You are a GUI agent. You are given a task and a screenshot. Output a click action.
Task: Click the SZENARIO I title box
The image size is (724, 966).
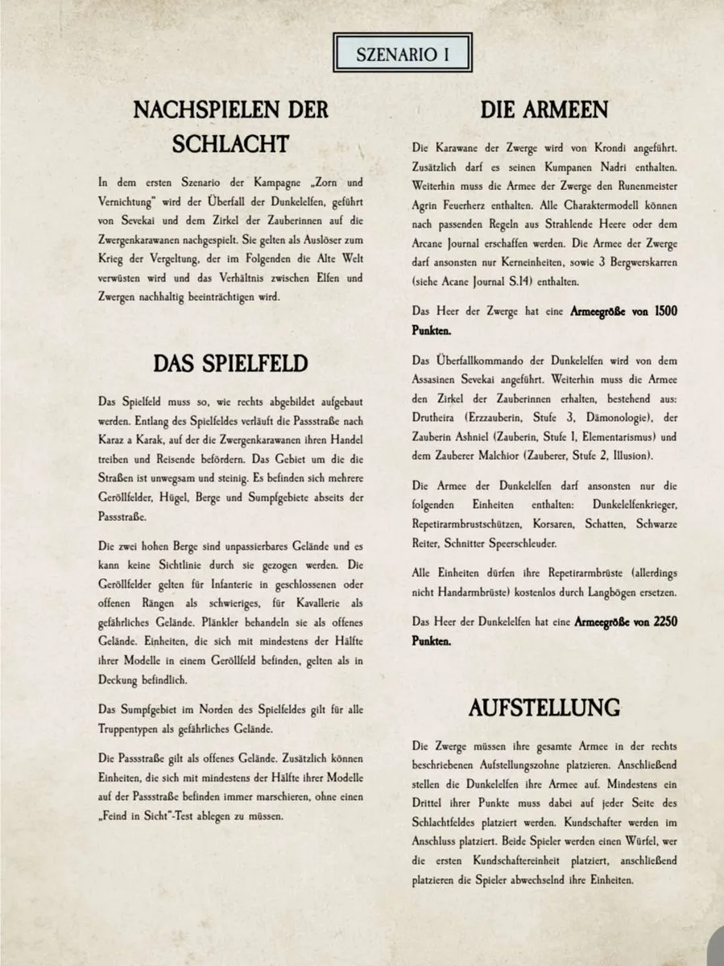(402, 55)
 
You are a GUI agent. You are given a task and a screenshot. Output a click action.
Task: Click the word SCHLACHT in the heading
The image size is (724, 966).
(230, 144)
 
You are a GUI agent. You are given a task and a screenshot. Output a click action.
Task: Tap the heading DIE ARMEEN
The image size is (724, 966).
(544, 109)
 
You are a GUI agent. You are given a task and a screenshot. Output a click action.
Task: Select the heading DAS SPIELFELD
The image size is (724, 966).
(230, 364)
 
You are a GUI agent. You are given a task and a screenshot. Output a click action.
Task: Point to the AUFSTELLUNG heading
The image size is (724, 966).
(544, 708)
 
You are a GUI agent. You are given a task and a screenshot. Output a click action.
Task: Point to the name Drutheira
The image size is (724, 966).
(436, 418)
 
